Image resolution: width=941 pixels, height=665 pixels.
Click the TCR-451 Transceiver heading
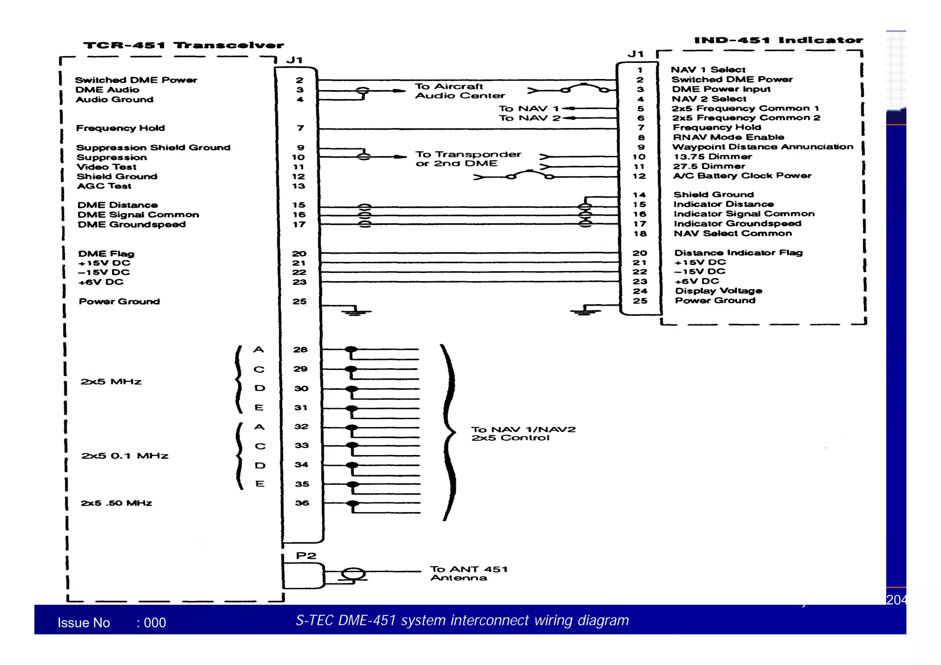tap(183, 45)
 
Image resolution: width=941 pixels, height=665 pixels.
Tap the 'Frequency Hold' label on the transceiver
tap(120, 128)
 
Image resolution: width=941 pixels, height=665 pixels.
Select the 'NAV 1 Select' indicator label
tap(708, 70)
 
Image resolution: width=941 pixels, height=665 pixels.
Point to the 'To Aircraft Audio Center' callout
tap(459, 91)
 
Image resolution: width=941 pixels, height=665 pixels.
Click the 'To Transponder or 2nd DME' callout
tap(468, 159)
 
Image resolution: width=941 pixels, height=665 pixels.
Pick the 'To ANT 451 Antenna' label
tap(468, 574)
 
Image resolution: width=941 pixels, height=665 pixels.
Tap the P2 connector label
tap(306, 556)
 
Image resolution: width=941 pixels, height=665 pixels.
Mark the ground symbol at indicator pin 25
tap(584, 312)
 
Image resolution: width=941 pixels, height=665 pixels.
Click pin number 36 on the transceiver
tap(302, 503)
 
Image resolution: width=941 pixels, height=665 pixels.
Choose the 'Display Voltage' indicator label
tap(718, 291)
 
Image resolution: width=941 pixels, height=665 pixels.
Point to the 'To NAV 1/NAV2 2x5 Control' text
tap(523, 433)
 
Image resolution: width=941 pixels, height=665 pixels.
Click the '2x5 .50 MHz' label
tap(116, 503)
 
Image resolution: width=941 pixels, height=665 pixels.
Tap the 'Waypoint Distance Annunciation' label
tap(762, 147)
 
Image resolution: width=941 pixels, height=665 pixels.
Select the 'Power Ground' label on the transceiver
tap(119, 301)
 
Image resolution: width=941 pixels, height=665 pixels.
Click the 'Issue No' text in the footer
tap(84, 623)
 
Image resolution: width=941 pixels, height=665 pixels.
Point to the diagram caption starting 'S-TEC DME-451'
tap(462, 620)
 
